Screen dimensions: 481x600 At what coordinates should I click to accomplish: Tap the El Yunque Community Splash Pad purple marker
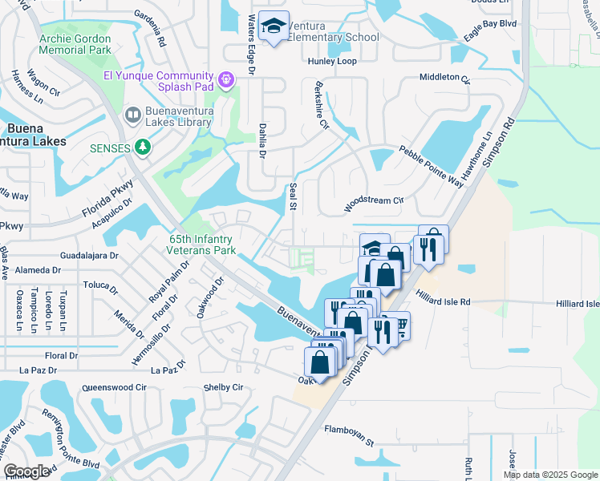[225, 79]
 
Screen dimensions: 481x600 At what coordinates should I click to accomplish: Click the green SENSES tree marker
[143, 147]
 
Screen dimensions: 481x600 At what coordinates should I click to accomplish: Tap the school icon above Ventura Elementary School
[274, 29]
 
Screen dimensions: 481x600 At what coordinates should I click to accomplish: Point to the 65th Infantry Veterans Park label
[202, 245]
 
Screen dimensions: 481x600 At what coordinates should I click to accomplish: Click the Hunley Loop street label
[331, 61]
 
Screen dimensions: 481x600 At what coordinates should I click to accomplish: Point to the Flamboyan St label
[349, 435]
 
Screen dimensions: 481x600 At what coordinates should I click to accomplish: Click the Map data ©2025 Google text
[549, 475]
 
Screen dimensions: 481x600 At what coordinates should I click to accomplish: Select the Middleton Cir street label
[444, 78]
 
